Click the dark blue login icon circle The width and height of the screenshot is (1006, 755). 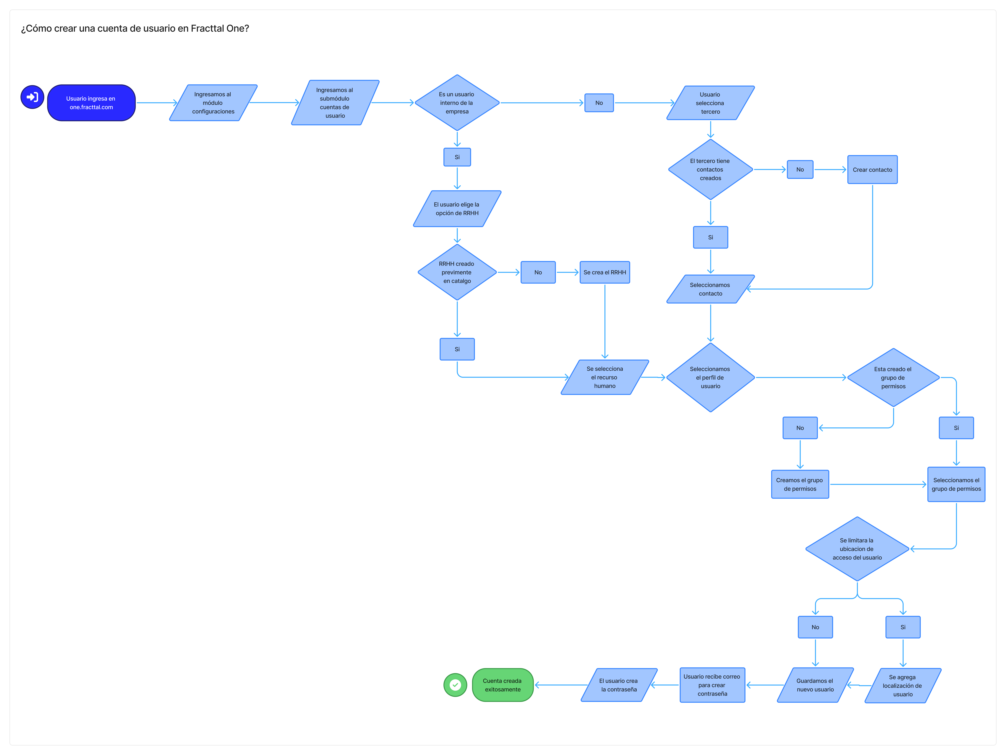point(32,97)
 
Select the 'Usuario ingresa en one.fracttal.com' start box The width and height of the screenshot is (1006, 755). point(91,103)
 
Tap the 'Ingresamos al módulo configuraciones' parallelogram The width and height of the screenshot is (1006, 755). point(213,103)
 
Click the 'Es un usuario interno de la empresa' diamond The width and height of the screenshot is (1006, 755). point(457,103)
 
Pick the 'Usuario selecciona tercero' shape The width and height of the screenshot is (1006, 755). point(710,103)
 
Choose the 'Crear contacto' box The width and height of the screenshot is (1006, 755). point(872,169)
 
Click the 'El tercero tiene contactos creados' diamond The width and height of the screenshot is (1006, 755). point(710,169)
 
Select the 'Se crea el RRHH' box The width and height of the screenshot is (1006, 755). point(605,272)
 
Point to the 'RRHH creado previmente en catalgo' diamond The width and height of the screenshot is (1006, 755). point(457,272)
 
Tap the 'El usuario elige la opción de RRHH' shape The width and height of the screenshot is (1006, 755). point(457,209)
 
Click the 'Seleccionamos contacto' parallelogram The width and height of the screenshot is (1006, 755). point(710,289)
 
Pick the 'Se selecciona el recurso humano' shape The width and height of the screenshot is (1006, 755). point(605,377)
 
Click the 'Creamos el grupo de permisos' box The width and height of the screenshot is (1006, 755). point(800,485)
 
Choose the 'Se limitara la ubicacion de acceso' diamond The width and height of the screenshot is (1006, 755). point(857,549)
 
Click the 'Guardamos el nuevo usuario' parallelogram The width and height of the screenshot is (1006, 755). point(815,685)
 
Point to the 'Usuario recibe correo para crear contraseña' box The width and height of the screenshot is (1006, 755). point(712,685)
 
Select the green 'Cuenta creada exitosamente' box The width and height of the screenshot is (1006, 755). point(503,685)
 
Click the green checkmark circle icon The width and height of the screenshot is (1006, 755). point(455,685)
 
